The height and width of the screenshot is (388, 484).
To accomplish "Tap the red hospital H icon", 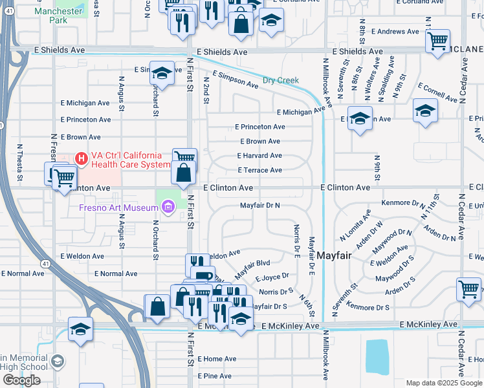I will point(82,157).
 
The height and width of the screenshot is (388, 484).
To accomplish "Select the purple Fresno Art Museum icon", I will point(168,207).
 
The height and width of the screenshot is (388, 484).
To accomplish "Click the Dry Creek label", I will point(281,81).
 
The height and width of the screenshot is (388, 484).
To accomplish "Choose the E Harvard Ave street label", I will point(259,156).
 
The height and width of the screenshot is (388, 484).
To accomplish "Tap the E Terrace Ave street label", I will point(259,170).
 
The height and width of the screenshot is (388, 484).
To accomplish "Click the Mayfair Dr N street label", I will point(259,205).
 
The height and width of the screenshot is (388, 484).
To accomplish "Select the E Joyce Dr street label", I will point(271,277).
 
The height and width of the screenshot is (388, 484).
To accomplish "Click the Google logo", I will point(21,380).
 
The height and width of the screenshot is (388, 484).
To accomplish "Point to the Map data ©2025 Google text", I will point(444,383).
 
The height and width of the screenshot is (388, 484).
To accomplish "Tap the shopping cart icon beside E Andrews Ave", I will point(437,41).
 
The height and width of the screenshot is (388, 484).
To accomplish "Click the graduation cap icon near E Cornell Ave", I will point(424,111).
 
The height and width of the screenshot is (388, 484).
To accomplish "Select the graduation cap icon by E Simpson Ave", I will point(161,73).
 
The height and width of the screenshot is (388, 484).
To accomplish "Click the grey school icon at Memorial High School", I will point(58,361).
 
